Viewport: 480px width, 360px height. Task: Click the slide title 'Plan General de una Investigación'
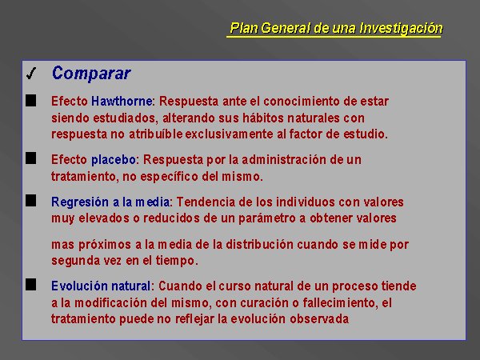[x=336, y=28]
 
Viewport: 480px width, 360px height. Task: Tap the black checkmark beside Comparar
[x=31, y=74]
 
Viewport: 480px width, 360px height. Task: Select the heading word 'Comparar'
[x=91, y=74]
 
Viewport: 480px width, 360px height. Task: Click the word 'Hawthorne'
[x=122, y=101]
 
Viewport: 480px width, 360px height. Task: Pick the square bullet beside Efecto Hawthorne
[x=31, y=101]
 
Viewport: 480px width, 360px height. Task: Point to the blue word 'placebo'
[x=114, y=160]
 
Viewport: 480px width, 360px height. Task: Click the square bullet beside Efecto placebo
[x=31, y=158]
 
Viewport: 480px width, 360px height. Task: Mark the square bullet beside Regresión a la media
[x=31, y=201]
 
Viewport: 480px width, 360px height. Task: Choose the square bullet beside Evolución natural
[x=31, y=285]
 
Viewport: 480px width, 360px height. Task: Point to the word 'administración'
[x=284, y=159]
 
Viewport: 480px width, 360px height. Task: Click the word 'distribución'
[x=260, y=245]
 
